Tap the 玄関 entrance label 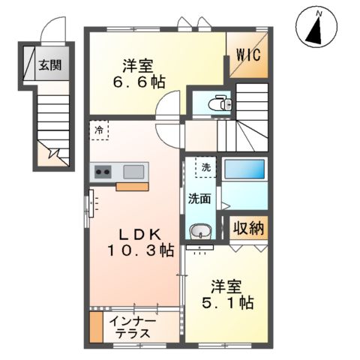click(51, 64)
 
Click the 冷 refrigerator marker click(99, 130)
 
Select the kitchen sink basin click(130, 171)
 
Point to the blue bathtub click(245, 173)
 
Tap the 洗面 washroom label click(199, 200)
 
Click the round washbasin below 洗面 click(199, 232)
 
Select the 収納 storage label click(247, 229)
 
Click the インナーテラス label click(132, 328)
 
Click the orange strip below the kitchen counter click(132, 187)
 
